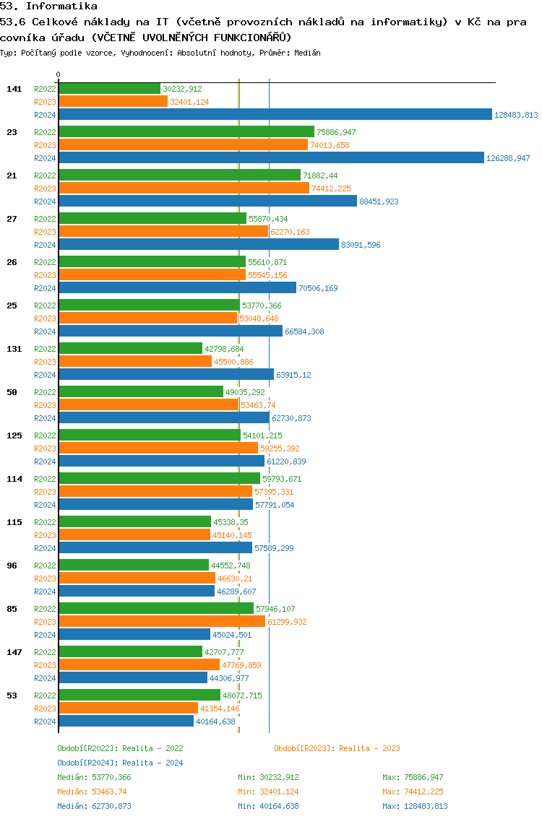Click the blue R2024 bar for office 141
pos(275,114)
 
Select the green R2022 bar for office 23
pos(186,131)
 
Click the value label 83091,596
pos(361,245)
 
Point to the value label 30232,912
pos(182,89)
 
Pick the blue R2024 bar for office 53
pos(126,721)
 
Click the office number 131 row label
pos(14,348)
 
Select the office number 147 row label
pos(14,651)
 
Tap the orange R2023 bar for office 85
pos(161,621)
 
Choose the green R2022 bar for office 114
pos(159,478)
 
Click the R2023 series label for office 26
pos(45,275)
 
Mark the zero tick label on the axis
pos(58,75)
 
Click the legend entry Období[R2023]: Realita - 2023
pos(337,748)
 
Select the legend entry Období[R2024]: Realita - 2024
pos(120,763)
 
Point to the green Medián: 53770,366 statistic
pos(94,777)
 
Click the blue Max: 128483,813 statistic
pos(415,806)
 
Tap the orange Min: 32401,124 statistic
pos(268,792)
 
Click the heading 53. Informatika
pos(49,6)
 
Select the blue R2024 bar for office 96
pos(137,591)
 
